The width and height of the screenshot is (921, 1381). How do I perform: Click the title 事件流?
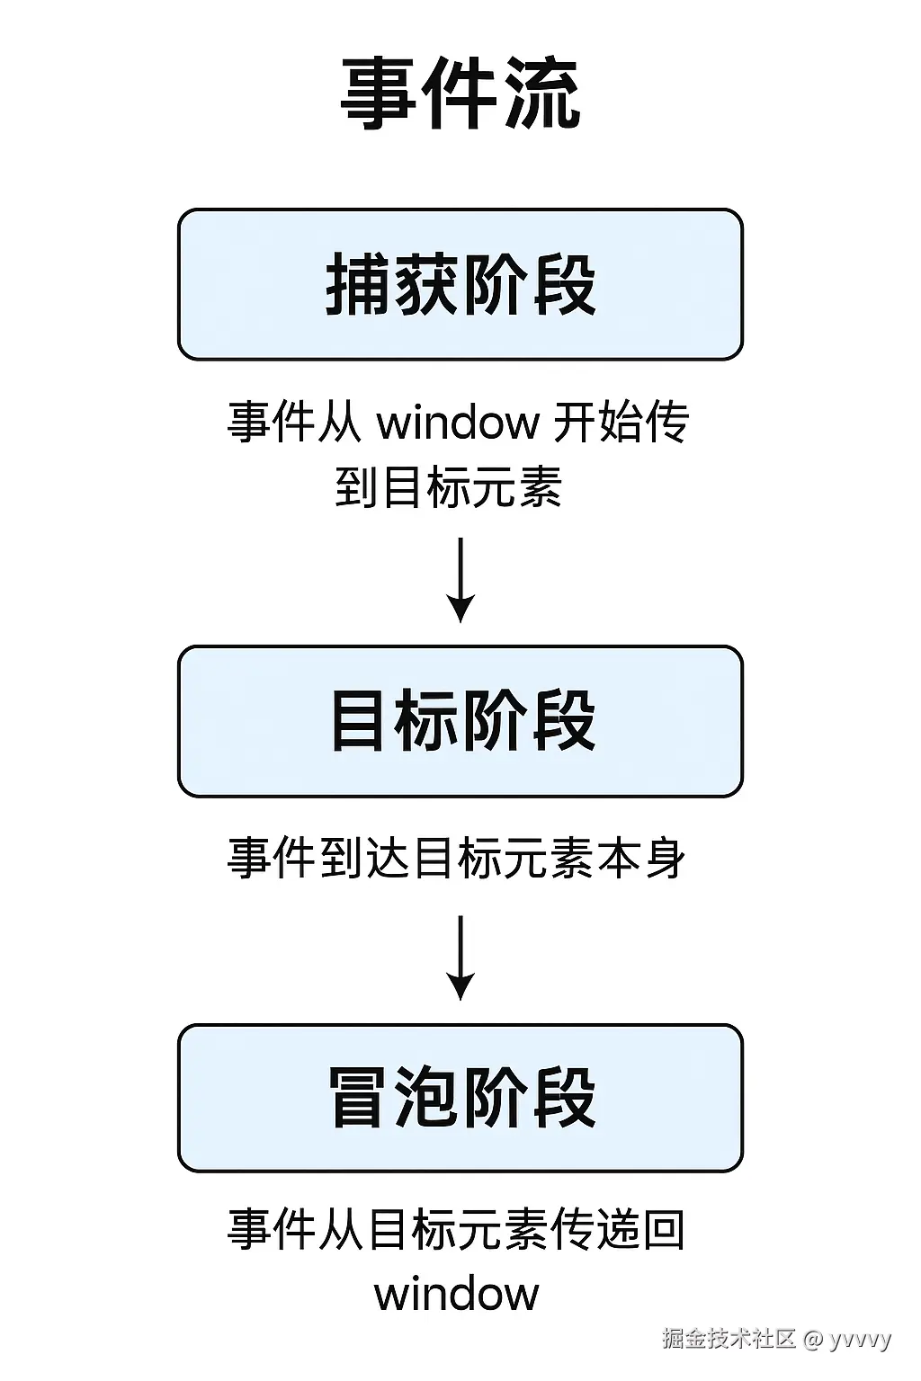pos(460,94)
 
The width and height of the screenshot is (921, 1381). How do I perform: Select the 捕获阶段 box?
pos(460,284)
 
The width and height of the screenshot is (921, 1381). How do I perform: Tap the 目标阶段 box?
pos(460,720)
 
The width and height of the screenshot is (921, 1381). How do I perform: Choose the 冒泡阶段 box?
pos(460,1097)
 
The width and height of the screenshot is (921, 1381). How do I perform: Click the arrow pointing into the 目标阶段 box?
pos(460,580)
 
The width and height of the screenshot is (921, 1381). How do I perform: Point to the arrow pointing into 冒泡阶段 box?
pos(460,958)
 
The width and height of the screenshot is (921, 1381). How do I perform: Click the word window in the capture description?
pos(458,422)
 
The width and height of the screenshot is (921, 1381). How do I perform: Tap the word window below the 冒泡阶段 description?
pos(457,1295)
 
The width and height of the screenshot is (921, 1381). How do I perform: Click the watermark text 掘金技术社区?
pos(729,1339)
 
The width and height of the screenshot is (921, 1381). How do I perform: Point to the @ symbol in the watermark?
pos(813,1340)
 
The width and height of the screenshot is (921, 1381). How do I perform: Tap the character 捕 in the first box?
pos(358,284)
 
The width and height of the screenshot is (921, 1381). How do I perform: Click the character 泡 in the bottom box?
pos(427,1097)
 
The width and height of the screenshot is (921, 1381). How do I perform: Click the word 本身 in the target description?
pos(642,858)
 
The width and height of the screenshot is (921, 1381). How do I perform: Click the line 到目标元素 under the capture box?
pos(449,488)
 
